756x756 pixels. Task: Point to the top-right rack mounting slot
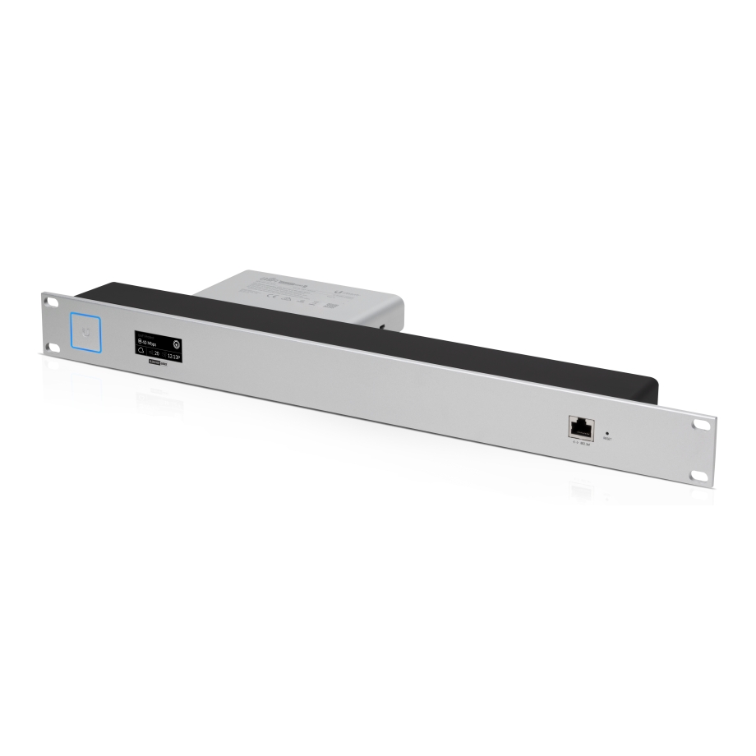pos(700,425)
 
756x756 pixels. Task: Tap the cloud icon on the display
pos(141,352)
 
